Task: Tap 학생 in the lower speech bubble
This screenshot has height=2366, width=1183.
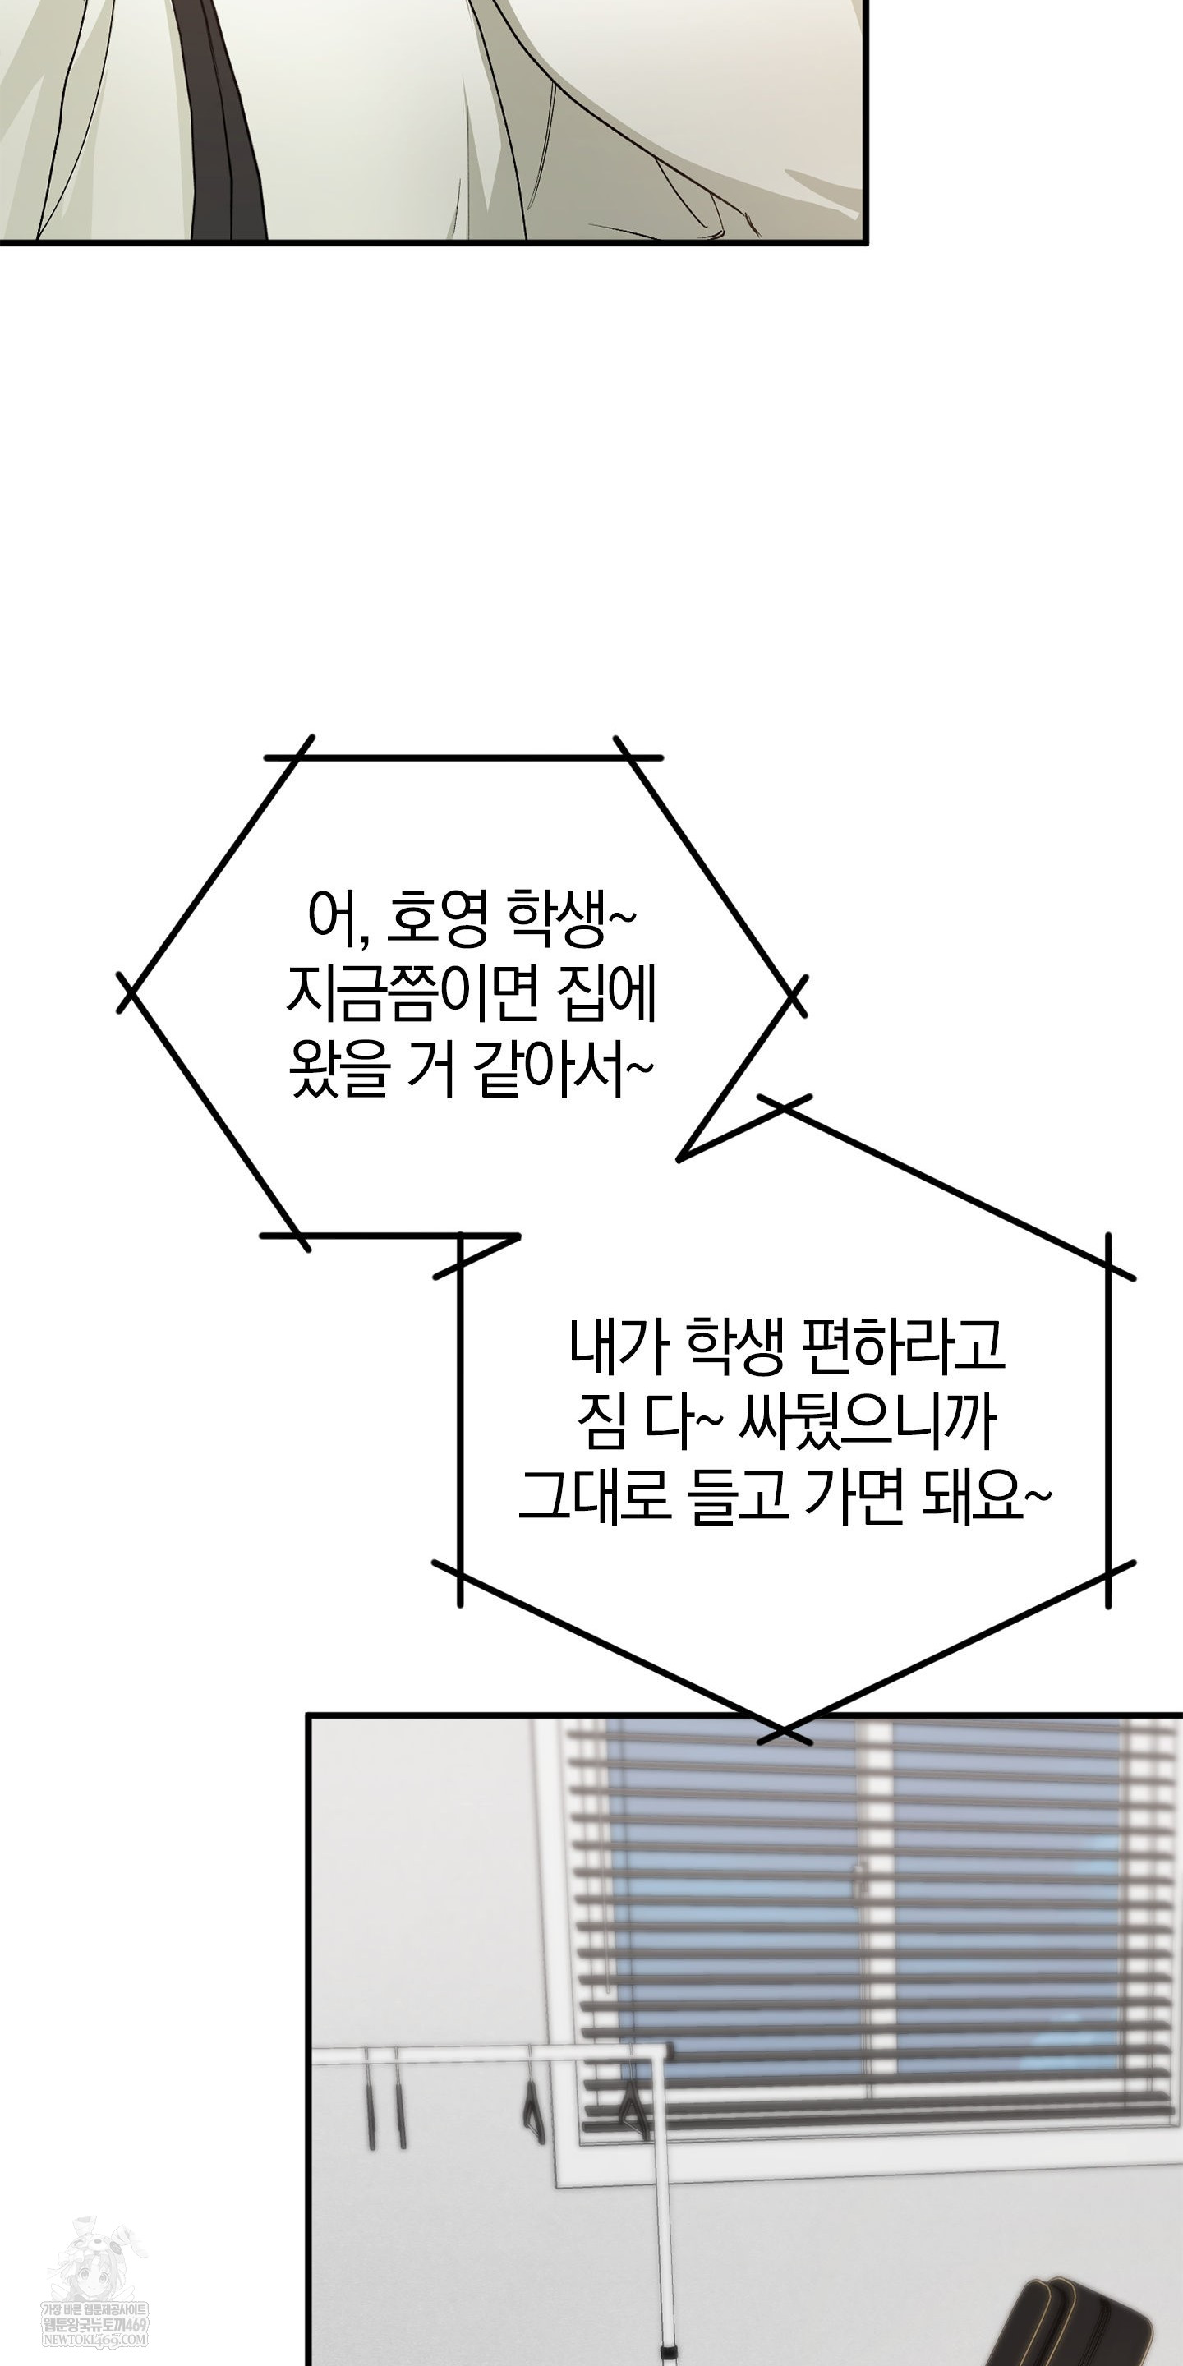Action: [x=732, y=1346]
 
